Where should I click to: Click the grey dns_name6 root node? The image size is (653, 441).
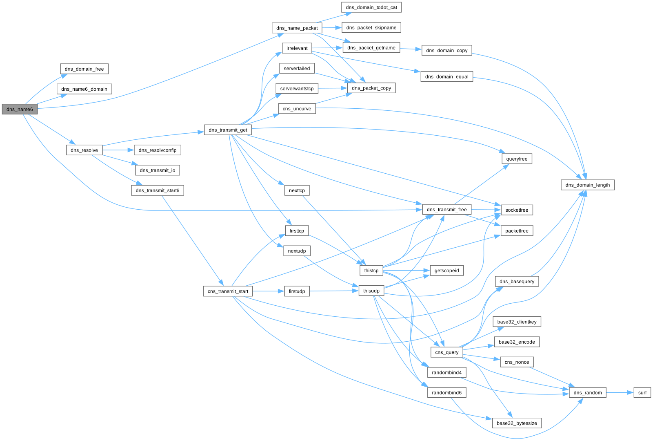[x=20, y=109]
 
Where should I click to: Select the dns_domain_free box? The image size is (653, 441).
[x=84, y=69]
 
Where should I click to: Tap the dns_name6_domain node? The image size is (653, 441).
[x=84, y=89]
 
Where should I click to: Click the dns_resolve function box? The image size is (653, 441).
[x=84, y=150]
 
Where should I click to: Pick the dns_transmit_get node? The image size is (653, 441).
[x=228, y=130]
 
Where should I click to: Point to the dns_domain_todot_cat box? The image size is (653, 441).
[x=371, y=7]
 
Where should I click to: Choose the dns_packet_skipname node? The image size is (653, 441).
[x=371, y=27]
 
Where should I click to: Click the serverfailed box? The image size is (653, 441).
[x=297, y=68]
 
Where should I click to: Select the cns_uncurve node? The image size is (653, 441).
[x=297, y=109]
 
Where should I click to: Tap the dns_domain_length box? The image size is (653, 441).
[x=587, y=185]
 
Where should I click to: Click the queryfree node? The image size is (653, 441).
[x=517, y=159]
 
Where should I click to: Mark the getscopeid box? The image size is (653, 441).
[x=446, y=271]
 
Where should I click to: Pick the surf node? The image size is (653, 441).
[x=642, y=392]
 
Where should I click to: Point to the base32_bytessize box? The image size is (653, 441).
[x=517, y=423]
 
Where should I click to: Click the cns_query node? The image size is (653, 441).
[x=446, y=352]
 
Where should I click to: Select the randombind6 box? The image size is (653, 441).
[x=446, y=392]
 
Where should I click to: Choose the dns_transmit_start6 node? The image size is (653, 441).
[x=157, y=190]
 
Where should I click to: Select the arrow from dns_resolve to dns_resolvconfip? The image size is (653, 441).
[x=118, y=150]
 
